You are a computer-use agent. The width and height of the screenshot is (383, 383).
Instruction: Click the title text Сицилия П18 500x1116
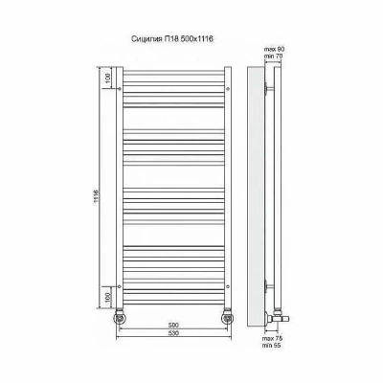[172, 39]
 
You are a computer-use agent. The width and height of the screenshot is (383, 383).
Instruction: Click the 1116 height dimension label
[96, 197]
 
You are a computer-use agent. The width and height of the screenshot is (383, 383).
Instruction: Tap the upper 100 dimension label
[108, 79]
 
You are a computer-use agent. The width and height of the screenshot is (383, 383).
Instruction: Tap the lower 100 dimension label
[108, 298]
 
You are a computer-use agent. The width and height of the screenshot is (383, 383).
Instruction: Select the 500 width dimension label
[173, 326]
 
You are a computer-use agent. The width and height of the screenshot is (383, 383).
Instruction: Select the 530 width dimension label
[173, 333]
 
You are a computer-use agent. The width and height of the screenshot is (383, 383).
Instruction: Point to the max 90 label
[274, 50]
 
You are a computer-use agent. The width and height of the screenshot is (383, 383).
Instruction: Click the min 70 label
[274, 56]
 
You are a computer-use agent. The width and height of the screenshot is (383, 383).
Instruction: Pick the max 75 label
[273, 338]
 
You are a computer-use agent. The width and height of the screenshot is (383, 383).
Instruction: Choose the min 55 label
[272, 346]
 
